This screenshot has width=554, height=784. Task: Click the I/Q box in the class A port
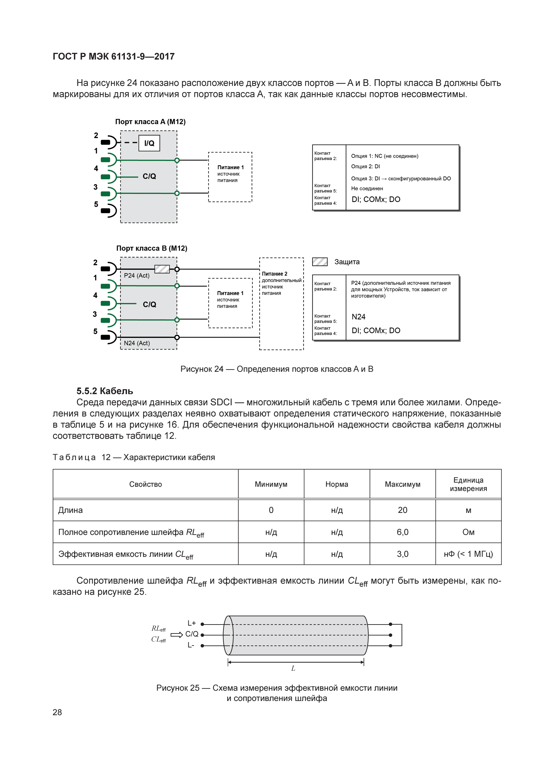149,143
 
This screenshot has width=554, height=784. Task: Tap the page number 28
57,712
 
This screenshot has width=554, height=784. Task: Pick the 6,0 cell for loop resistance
403,532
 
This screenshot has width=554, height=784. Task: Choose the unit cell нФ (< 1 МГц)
468,554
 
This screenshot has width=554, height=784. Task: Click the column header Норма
337,484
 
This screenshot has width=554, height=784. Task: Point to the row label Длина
71,510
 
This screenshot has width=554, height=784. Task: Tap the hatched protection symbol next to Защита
320,262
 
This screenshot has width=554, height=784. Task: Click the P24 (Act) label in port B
136,276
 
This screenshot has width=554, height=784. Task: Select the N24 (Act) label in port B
136,343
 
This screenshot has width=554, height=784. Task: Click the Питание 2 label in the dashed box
275,274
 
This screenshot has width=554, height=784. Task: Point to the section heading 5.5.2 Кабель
105,391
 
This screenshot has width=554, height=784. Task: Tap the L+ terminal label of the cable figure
191,623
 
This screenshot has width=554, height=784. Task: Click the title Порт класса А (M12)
150,122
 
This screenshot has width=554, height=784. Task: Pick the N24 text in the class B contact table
358,317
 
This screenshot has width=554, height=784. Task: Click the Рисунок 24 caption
277,369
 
